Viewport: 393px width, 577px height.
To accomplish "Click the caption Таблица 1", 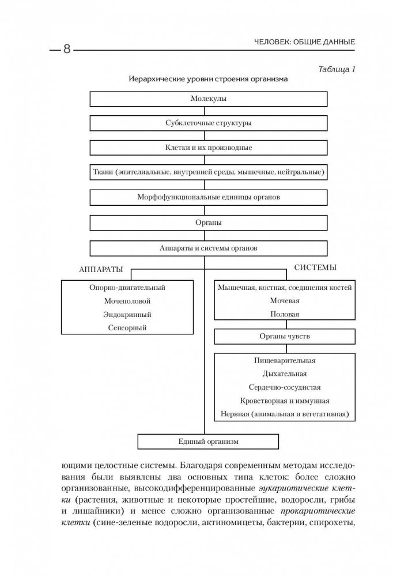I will [337, 70].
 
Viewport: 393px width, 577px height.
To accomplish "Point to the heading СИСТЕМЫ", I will [315, 268].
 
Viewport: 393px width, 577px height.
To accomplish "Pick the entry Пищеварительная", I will [285, 360].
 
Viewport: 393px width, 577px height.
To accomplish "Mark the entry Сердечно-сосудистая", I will [285, 387].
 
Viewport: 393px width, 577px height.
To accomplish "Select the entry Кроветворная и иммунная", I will [285, 401].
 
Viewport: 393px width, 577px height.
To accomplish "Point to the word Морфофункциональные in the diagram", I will [176, 197].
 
